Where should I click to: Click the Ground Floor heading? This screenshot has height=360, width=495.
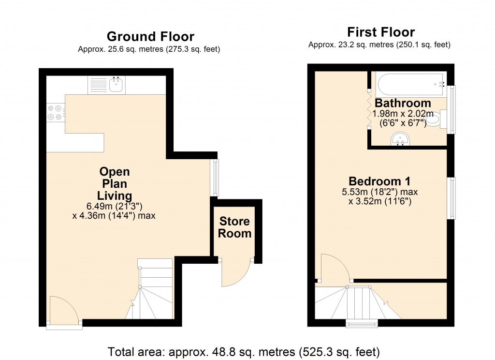[x=150, y=37]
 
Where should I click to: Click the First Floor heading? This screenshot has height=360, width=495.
[x=381, y=32]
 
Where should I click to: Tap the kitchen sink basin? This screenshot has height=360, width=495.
[x=116, y=85]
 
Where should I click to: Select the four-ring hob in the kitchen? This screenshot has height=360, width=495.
[x=55, y=113]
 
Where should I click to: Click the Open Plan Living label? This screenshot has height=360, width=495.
[x=115, y=183]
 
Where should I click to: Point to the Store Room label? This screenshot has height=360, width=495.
[x=235, y=227]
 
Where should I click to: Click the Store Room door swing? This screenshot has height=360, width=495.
[x=235, y=273]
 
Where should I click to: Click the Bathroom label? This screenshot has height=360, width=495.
[x=403, y=103]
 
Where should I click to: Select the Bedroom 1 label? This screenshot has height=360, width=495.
[x=379, y=181]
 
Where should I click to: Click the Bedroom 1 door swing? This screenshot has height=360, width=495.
[x=333, y=269]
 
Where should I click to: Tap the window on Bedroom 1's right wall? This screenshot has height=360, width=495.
[x=452, y=198]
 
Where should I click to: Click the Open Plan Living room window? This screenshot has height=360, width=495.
[x=215, y=177]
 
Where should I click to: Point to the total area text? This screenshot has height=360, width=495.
[x=244, y=351]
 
